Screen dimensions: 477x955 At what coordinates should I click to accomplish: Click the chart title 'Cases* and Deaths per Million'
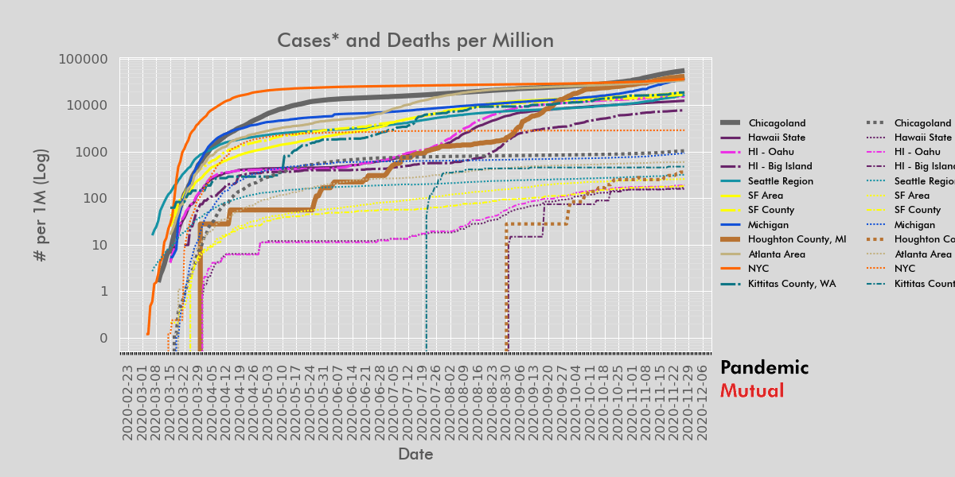pyautogui.click(x=415, y=41)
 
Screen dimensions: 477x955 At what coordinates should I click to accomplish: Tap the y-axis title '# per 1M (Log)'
pyautogui.click(x=41, y=205)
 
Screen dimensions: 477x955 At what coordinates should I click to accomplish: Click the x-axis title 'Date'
pyautogui.click(x=415, y=454)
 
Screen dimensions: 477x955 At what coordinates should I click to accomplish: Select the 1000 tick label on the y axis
pyautogui.click(x=92, y=152)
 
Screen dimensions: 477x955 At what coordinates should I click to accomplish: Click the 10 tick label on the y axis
pyautogui.click(x=100, y=245)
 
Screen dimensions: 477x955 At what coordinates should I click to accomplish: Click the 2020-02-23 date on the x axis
pyautogui.click(x=127, y=402)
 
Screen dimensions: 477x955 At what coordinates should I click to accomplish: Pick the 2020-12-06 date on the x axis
pyautogui.click(x=702, y=402)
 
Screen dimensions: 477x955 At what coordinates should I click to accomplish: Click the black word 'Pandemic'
pyautogui.click(x=764, y=368)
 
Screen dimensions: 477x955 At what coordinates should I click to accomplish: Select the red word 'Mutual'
pyautogui.click(x=751, y=391)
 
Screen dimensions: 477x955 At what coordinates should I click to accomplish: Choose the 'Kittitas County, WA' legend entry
pyautogui.click(x=788, y=283)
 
